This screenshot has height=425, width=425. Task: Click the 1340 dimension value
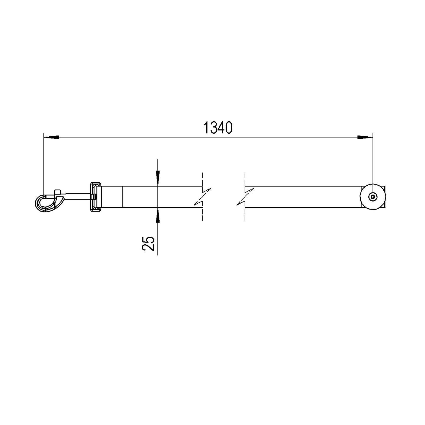point(218,127)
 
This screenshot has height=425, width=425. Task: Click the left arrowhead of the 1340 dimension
point(51,137)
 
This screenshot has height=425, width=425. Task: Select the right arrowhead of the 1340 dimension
point(365,137)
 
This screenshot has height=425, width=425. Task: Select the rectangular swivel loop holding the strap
point(96,197)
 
